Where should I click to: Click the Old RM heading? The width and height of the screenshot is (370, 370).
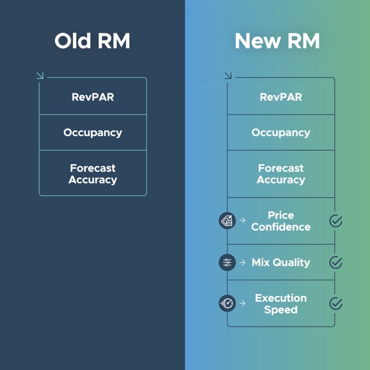[x=92, y=42]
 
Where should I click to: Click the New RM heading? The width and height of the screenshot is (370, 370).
[x=277, y=42]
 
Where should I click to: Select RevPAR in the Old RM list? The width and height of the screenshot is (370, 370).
[x=92, y=97]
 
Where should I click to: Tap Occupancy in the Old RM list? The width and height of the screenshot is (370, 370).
[x=92, y=132]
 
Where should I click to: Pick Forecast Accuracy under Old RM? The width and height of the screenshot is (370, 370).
[x=92, y=174]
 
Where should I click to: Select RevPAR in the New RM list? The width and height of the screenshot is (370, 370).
[x=280, y=97]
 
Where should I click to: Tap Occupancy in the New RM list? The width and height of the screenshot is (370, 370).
[x=280, y=132]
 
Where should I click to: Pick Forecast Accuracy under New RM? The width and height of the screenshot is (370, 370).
[x=280, y=174]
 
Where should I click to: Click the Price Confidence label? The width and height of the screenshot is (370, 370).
[x=280, y=221]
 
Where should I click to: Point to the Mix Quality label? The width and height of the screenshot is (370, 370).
[x=280, y=262]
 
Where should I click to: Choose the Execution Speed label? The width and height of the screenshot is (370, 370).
[x=280, y=304]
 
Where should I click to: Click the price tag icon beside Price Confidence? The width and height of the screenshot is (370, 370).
[x=227, y=220]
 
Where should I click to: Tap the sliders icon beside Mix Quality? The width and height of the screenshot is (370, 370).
[x=227, y=262]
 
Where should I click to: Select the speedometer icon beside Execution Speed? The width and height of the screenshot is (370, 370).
[x=227, y=303]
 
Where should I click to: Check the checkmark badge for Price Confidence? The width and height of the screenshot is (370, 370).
[x=335, y=221]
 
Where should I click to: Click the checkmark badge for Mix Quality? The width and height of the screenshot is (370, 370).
[x=335, y=262]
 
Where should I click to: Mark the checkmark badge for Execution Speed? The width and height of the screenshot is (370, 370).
[x=335, y=304]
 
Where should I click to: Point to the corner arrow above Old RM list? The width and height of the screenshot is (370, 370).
[x=39, y=75]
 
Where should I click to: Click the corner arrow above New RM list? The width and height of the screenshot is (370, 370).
[x=228, y=75]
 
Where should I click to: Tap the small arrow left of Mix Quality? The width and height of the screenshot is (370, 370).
[x=242, y=262]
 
